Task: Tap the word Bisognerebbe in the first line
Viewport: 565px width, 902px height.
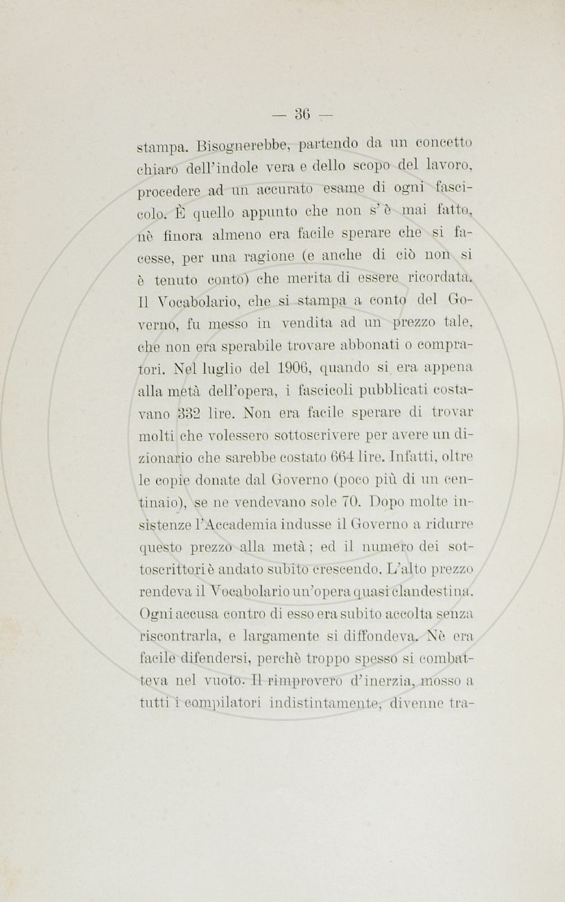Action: [236, 146]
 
